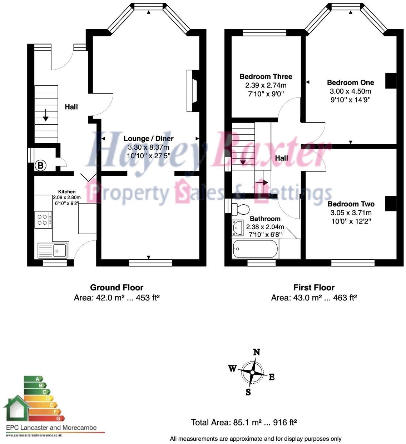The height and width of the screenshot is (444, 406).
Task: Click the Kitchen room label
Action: coord(67,192)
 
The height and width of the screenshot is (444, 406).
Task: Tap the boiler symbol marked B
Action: coord(40,165)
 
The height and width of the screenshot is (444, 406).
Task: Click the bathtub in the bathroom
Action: coord(255,249)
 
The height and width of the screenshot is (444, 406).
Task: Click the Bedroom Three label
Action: coord(266,76)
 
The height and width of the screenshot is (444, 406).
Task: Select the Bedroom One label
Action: coord(350,83)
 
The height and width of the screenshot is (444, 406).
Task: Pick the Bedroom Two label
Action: coord(351,204)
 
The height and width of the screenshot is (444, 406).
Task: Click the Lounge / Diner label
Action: coord(148,139)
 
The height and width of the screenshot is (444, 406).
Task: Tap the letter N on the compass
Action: coord(256,352)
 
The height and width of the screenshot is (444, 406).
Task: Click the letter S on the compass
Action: coord(248,392)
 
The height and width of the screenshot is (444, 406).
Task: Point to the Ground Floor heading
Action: coord(117,288)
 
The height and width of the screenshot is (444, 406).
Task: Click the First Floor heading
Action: coord(314,288)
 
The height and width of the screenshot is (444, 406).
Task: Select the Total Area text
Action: coord(244,423)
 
